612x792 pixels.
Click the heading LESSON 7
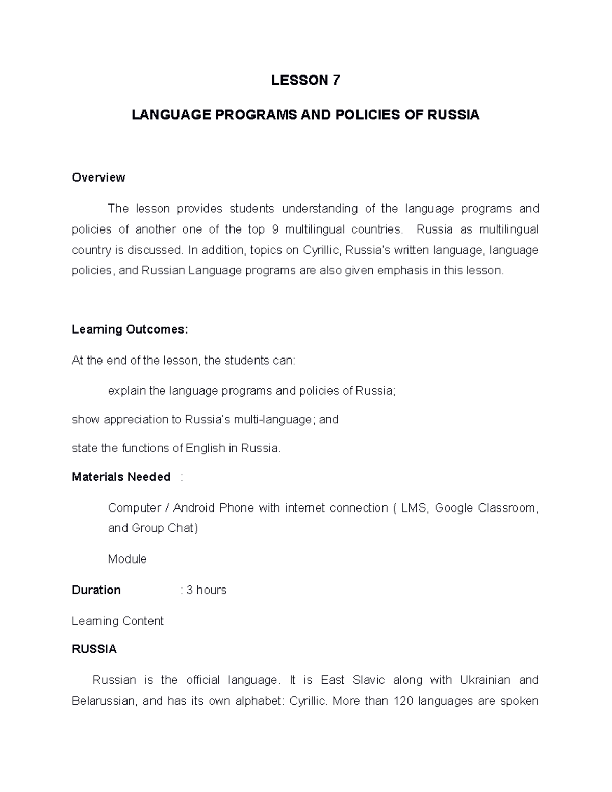(x=305, y=81)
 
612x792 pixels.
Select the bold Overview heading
(x=98, y=177)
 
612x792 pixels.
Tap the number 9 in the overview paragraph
(x=275, y=229)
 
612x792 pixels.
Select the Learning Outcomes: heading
(x=130, y=330)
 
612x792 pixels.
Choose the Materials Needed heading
(x=121, y=477)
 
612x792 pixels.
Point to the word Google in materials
(x=453, y=508)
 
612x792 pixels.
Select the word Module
(x=127, y=559)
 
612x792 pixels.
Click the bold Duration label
(x=96, y=590)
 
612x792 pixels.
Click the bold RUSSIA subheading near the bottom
(x=94, y=649)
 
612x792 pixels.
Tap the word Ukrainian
(x=484, y=680)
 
